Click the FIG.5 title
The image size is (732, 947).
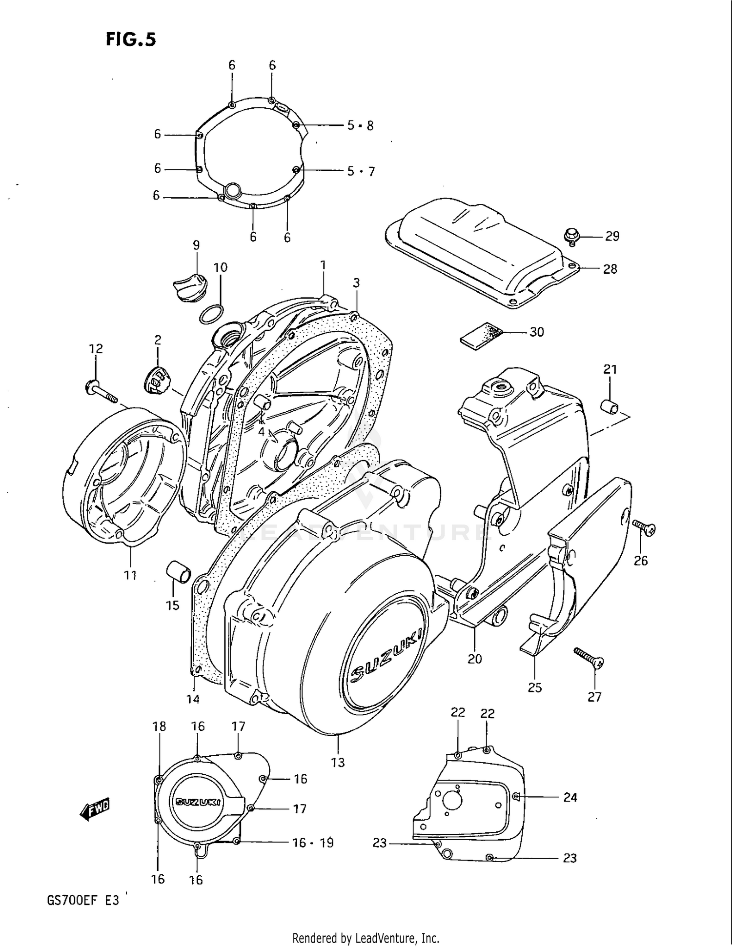coord(131,40)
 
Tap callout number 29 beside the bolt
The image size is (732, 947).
coord(612,237)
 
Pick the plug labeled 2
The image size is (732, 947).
coord(157,379)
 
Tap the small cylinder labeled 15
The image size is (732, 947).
coord(178,572)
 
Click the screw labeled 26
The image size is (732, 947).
coord(645,527)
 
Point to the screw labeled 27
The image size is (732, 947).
coord(589,657)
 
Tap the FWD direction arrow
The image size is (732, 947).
coord(95,810)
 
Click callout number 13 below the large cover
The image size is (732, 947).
coord(338,762)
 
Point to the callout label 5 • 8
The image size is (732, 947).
coord(360,126)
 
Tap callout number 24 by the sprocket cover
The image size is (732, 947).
coord(570,797)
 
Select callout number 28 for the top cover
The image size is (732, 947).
coord(610,269)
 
